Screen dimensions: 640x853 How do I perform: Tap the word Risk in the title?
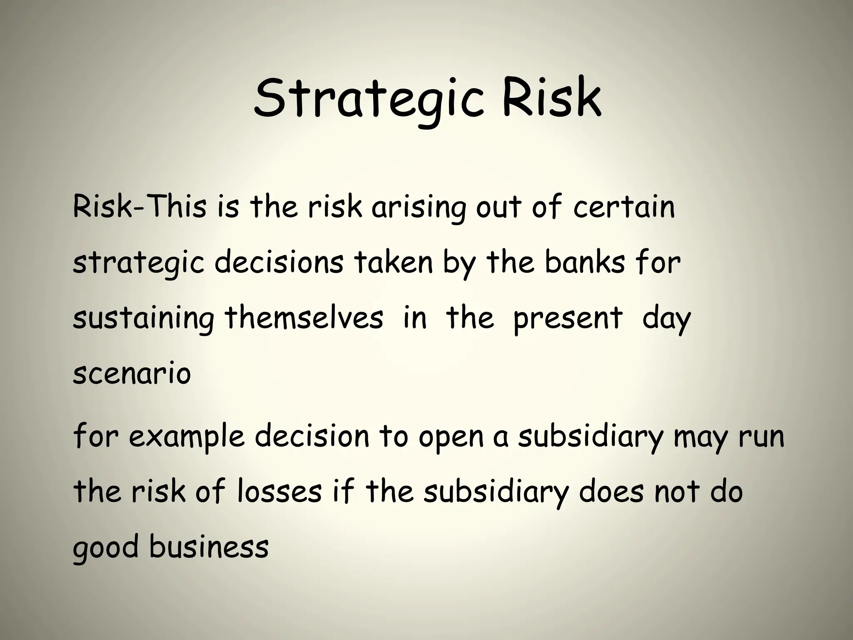tap(552, 97)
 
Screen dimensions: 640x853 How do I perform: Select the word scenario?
tap(132, 374)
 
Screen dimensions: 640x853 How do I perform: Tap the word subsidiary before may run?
tap(590, 437)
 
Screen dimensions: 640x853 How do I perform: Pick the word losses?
tap(279, 492)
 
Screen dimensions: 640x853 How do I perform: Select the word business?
tap(209, 547)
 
